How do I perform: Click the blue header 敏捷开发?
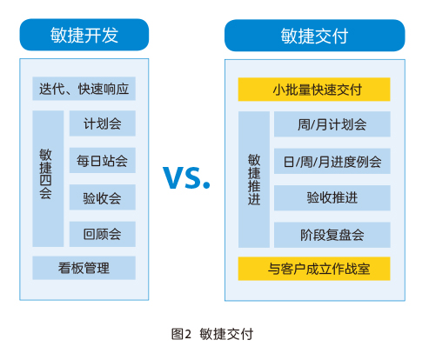[84, 35]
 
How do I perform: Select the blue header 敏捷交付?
[315, 36]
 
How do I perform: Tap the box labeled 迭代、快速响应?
[84, 89]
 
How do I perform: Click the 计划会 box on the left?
[103, 123]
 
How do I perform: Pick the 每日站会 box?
[103, 160]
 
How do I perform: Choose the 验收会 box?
[103, 197]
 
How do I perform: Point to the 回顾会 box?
[103, 234]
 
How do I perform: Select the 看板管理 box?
[84, 268]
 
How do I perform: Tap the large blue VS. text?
[186, 177]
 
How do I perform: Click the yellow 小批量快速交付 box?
[314, 90]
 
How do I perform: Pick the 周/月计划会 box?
[332, 124]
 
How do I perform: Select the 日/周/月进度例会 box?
[332, 161]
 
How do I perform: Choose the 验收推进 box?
[332, 198]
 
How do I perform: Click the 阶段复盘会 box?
[332, 235]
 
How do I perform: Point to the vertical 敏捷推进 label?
[254, 179]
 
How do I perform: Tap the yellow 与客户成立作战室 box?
[314, 269]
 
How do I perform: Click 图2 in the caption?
[181, 334]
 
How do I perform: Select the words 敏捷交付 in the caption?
[226, 334]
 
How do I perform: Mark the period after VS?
[206, 185]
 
